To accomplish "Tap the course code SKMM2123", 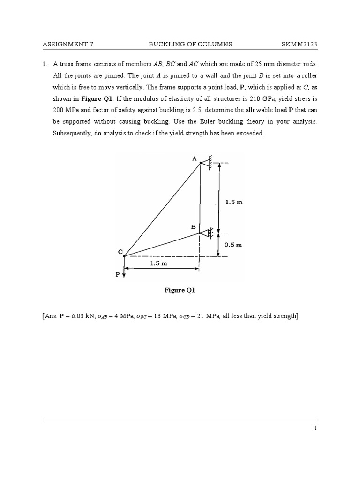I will [x=299, y=45].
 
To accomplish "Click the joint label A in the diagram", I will [x=195, y=158].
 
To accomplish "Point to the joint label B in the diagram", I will [x=193, y=227].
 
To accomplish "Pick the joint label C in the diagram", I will [x=120, y=252].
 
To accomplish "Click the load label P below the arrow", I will [x=118, y=275].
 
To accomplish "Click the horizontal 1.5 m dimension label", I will [x=158, y=263].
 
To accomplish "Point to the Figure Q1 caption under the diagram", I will [x=180, y=290].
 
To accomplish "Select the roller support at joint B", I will [x=207, y=232].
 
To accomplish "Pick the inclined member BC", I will [x=162, y=244].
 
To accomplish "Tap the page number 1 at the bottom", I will [x=315, y=428].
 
